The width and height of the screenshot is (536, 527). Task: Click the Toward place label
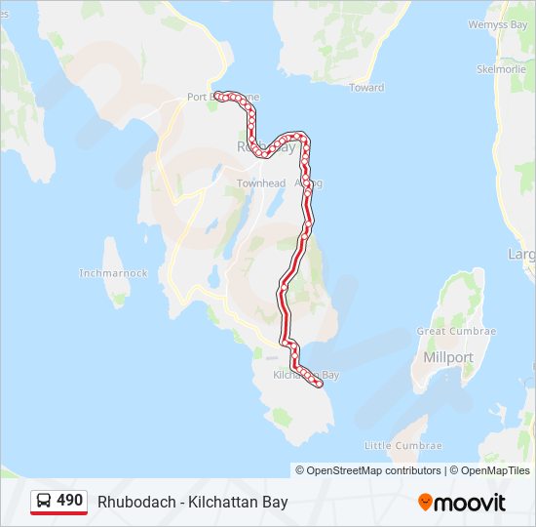tap(366, 88)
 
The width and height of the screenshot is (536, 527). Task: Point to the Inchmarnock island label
tap(113, 273)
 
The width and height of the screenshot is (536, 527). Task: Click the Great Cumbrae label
tap(457, 332)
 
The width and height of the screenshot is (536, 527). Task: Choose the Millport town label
tap(448, 357)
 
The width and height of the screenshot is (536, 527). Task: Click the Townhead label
tap(261, 183)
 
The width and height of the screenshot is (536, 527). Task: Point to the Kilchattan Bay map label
tap(306, 375)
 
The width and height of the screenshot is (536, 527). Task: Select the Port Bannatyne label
tap(223, 98)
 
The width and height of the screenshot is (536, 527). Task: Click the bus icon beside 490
tap(44, 502)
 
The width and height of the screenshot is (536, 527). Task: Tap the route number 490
tap(69, 501)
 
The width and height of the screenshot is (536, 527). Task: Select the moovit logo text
tap(470, 503)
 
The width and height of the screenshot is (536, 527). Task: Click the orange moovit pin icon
tap(426, 503)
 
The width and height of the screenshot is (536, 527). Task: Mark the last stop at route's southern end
tap(319, 385)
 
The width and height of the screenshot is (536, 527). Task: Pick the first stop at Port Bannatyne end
tap(218, 96)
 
